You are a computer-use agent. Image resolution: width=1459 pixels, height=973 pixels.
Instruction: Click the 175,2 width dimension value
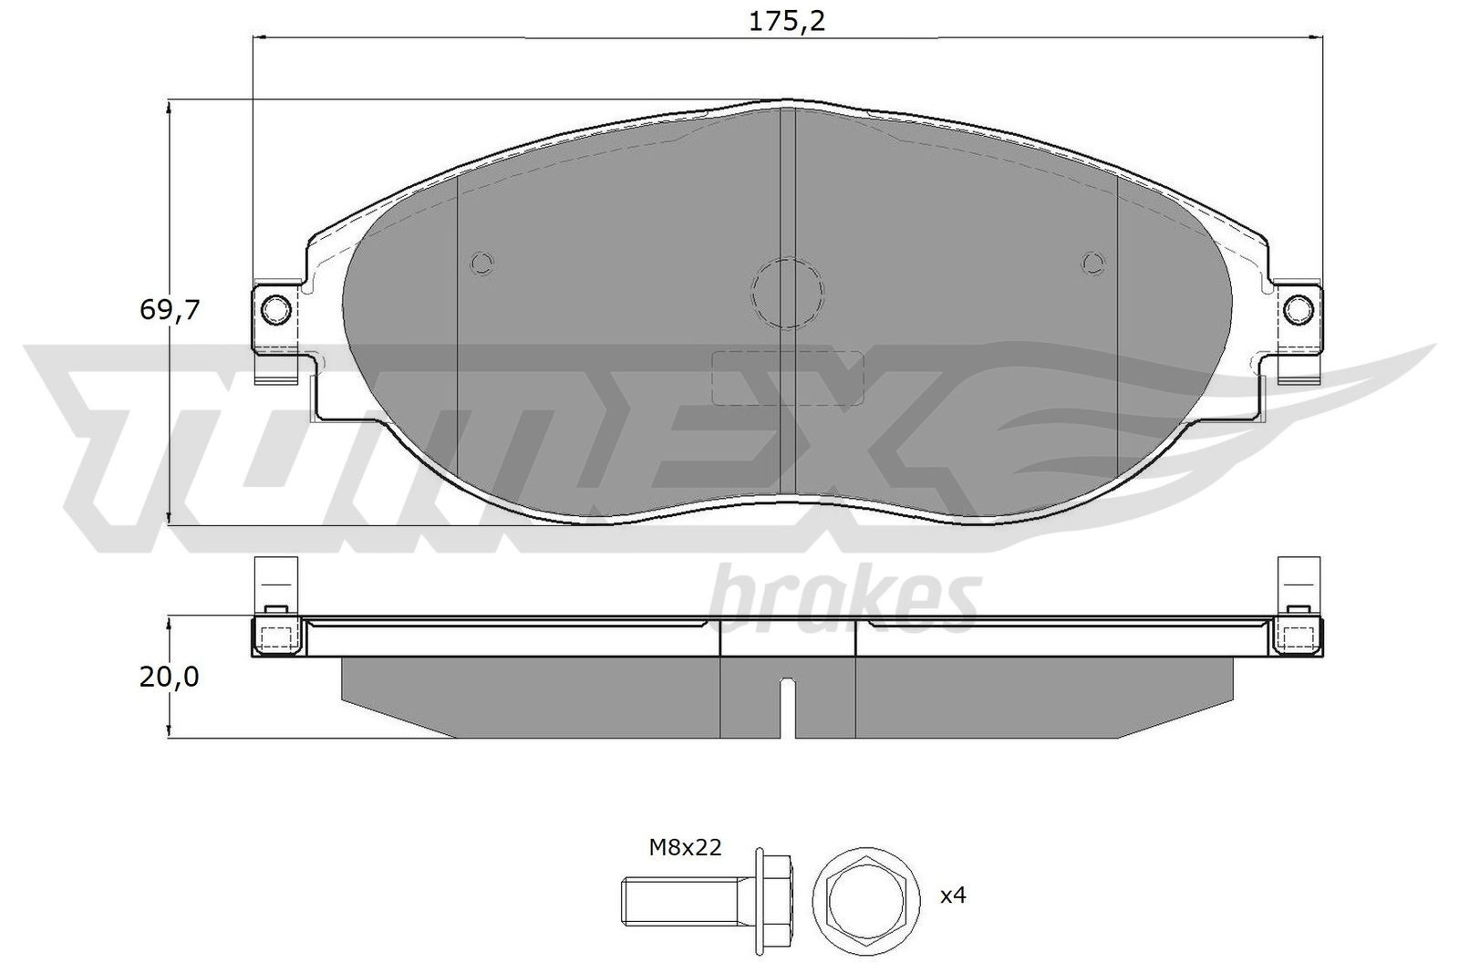(x=786, y=22)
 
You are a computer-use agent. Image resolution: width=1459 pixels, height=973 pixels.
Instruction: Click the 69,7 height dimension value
(x=170, y=310)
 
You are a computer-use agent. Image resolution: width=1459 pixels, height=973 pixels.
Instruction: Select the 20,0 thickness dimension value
(x=170, y=677)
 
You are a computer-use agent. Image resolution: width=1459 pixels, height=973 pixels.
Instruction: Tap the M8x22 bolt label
(x=685, y=848)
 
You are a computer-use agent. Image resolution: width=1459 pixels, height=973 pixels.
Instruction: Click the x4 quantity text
(x=953, y=895)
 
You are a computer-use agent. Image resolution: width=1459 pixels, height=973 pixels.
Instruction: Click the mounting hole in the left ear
(x=274, y=311)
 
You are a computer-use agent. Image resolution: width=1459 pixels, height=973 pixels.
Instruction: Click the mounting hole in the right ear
(x=1297, y=311)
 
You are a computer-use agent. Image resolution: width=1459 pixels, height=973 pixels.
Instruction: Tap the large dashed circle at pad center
(x=787, y=292)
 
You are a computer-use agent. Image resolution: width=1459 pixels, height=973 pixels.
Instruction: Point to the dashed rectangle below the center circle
(x=787, y=378)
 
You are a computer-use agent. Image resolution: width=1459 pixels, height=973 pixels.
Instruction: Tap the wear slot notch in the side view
(x=787, y=707)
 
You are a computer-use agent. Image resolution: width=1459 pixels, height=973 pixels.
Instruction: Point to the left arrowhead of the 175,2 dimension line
(x=258, y=37)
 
